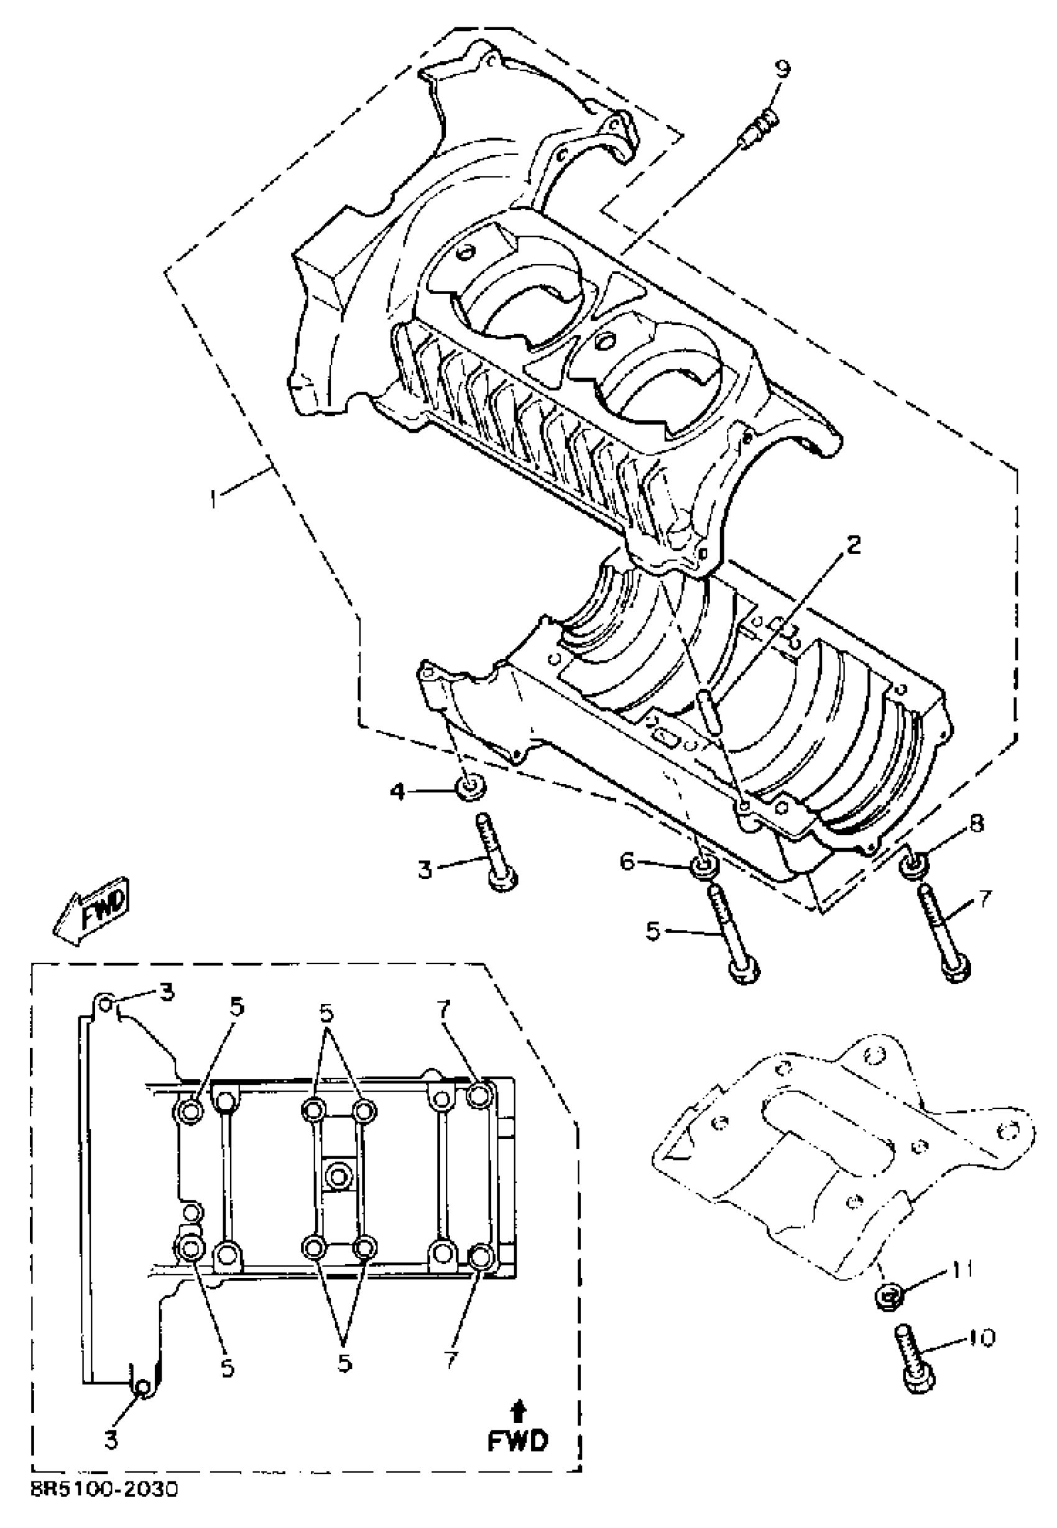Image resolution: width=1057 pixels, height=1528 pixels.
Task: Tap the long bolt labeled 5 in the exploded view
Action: click(x=731, y=935)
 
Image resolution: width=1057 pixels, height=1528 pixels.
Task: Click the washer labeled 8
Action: click(x=913, y=865)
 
